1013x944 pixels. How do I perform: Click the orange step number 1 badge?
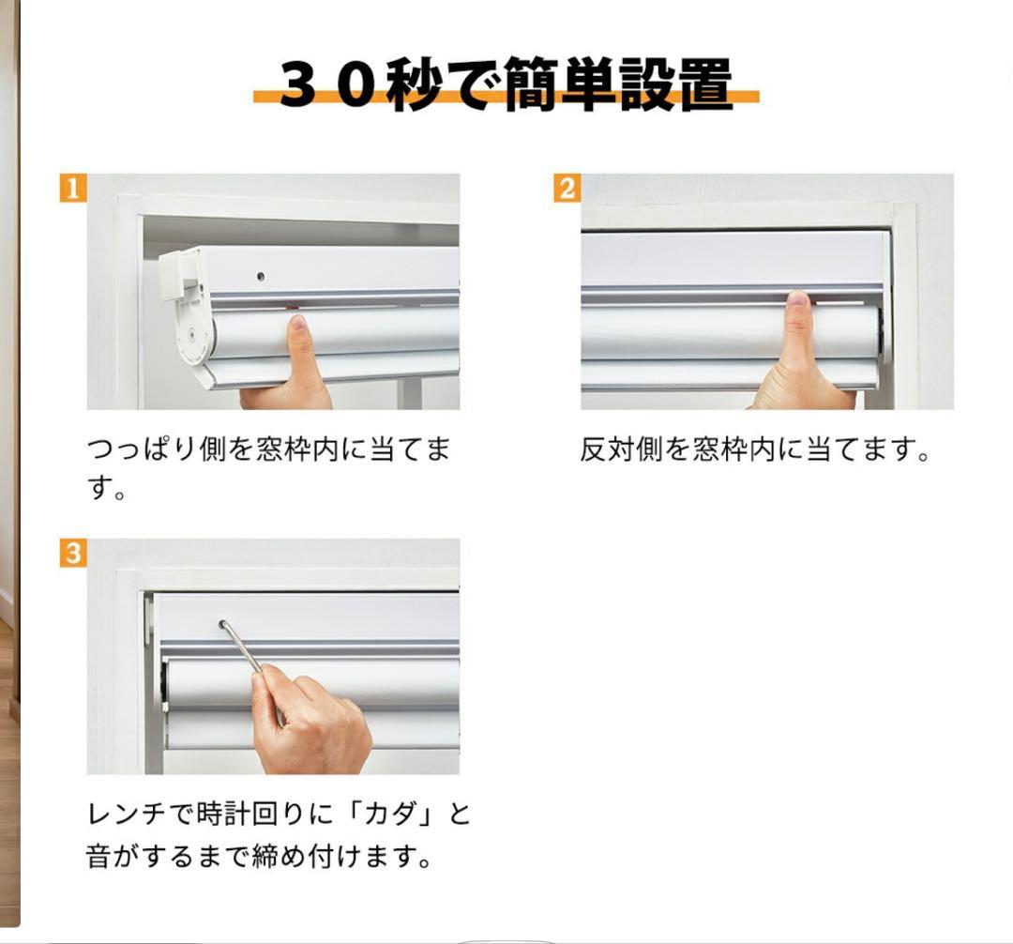tap(73, 189)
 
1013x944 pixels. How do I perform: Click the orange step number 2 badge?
tap(567, 189)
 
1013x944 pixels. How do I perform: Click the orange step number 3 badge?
tap(73, 554)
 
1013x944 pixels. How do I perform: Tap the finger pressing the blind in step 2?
tap(797, 328)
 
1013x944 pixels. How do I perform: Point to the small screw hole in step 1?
tap(261, 277)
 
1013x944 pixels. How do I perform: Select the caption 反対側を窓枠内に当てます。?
tap(754, 450)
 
